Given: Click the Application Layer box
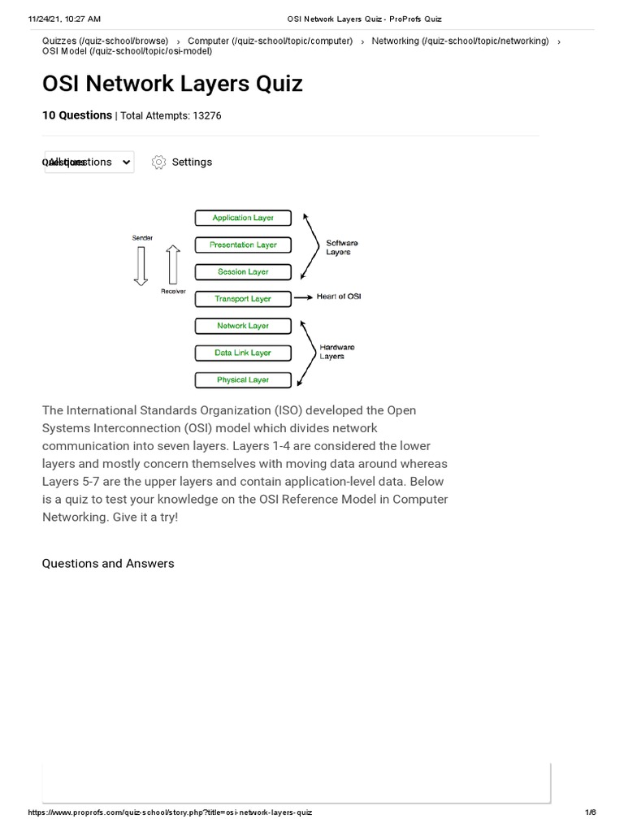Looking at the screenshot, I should [x=243, y=218].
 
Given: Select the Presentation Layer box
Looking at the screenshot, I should [x=243, y=245].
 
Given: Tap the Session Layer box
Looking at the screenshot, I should [x=243, y=271].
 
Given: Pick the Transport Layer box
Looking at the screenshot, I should [x=243, y=299].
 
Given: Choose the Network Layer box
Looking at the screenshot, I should [x=243, y=326].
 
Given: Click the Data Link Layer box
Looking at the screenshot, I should [x=243, y=353].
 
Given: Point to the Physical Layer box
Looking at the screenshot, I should [x=243, y=379].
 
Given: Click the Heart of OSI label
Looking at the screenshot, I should [x=339, y=297].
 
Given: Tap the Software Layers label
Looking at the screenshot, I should [x=341, y=247].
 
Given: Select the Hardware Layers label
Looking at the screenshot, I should [x=336, y=352].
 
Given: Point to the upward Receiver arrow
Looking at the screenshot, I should [x=172, y=265].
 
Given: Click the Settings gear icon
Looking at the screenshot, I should [x=159, y=162].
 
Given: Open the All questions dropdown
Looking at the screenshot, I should [x=89, y=162].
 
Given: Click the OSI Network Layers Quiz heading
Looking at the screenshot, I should [x=172, y=84].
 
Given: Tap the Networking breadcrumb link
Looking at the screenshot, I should [x=460, y=41].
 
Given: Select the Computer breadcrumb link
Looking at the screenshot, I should [x=270, y=41].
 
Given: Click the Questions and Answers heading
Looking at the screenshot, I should [x=108, y=563].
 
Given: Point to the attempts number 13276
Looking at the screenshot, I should [x=206, y=116].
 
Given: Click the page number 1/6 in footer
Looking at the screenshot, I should [x=590, y=812].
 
